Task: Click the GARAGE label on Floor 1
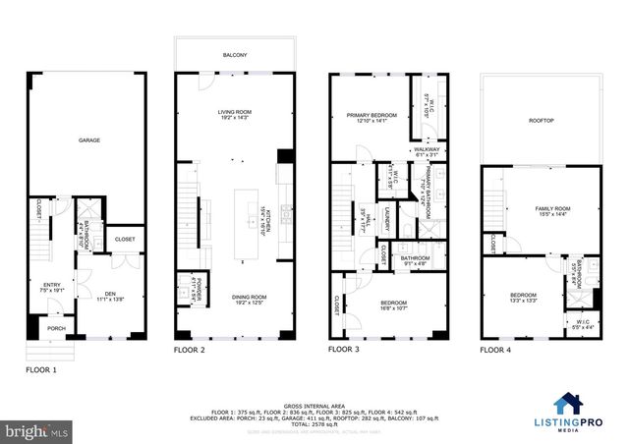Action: coord(89,140)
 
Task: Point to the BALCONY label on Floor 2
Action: coord(234,56)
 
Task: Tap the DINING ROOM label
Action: coord(234,300)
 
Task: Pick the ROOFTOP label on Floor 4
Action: coord(542,121)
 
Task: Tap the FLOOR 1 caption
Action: coord(41,371)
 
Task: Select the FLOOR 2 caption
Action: coord(190,350)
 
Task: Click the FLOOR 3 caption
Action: coord(344,349)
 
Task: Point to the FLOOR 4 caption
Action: coord(496,350)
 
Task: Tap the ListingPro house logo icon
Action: coord(566,404)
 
